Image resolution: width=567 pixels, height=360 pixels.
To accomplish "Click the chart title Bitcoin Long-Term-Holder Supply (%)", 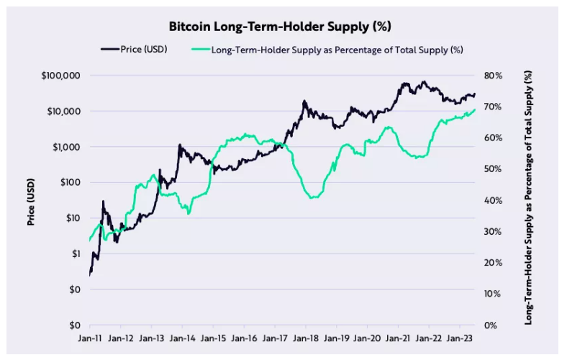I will coord(280,27).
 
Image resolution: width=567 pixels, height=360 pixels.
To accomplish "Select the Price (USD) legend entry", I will coord(140,50).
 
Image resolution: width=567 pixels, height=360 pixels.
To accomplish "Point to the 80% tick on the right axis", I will coord(493,76).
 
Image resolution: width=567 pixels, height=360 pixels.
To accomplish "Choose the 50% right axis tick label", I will coord(493,169).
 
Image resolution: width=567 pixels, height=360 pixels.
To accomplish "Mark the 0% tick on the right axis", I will coord(491,325).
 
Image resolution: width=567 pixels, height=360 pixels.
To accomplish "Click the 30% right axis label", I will coord(493,232).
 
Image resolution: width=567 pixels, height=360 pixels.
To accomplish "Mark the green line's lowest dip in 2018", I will coord(312,197).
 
